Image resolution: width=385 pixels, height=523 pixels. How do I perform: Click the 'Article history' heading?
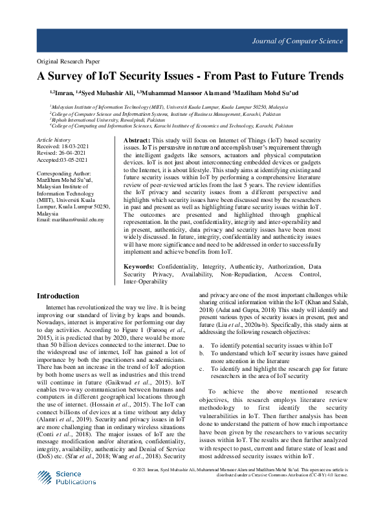(54, 140)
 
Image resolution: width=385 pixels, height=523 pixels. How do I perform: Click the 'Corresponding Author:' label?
(64, 173)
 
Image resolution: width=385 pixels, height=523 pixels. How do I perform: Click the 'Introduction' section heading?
(58, 296)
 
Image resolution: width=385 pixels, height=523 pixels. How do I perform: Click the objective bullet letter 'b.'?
(202, 353)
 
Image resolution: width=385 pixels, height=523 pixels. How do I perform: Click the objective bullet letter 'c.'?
(202, 368)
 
